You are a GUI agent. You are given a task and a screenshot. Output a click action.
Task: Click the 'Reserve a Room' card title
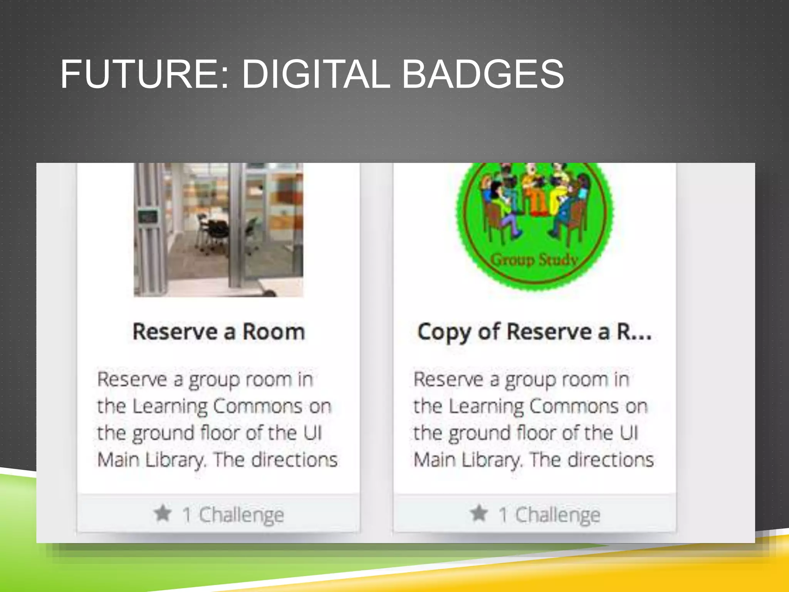coord(218,332)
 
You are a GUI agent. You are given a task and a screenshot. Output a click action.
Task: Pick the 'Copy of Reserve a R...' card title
coord(534,332)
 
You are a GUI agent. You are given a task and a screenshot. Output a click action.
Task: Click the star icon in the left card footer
coord(163,513)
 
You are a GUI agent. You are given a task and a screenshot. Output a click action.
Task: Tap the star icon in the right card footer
coord(479,513)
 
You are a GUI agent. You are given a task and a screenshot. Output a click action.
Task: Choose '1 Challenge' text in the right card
coord(550,515)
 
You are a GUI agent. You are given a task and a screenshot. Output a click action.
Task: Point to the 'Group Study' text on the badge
coord(534,260)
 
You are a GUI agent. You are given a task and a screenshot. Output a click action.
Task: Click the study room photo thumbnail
coord(218,230)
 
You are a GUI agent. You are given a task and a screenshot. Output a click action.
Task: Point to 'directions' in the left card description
coord(295,459)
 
